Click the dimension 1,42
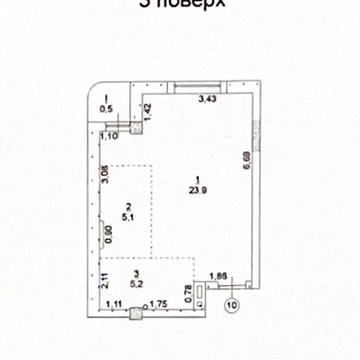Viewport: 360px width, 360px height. pyautogui.click(x=146, y=109)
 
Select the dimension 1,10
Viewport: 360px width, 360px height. pyautogui.click(x=111, y=135)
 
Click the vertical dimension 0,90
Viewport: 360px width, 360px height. pyautogui.click(x=109, y=237)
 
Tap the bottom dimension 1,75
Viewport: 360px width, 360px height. pyautogui.click(x=156, y=302)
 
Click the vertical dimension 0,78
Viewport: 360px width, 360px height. pyautogui.click(x=189, y=291)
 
